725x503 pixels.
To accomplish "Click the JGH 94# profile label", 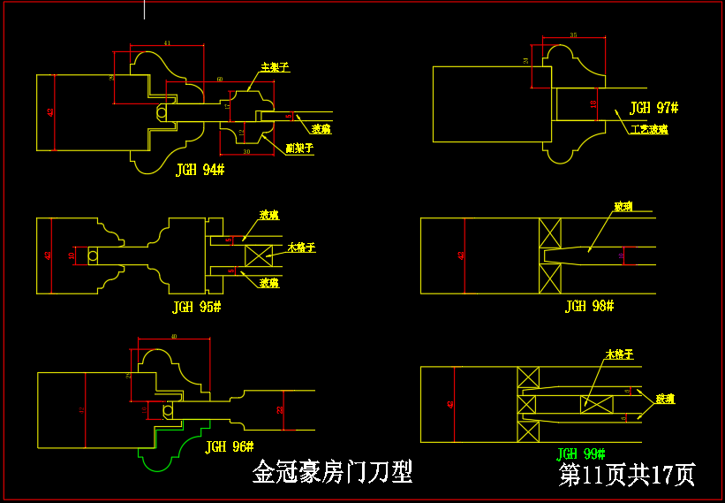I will coord(200,170).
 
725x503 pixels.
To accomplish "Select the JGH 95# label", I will coord(196,307).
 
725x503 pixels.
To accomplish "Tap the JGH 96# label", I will coord(229,447).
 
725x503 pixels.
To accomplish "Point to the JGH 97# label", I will coord(653,108).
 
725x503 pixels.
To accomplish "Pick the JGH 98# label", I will coord(589,306).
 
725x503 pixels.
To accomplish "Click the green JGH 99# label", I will coord(582,453).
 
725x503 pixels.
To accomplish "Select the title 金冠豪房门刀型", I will coord(332,472).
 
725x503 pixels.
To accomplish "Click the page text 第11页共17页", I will coord(627,475).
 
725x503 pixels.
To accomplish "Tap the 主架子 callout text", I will coord(275,67).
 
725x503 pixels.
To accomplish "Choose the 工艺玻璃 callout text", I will coord(649,129).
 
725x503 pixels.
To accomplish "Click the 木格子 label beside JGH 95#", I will coord(301,248).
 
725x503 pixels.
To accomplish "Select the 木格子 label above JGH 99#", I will coord(619,354).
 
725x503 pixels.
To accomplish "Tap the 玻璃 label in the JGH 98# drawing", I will coord(623,206).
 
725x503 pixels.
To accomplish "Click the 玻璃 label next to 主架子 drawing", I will coord(321,129).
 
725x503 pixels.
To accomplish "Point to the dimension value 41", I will coord(167,42).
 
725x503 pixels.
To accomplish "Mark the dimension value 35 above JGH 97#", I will coord(573,34).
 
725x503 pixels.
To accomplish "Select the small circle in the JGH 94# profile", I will coord(162,112).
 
